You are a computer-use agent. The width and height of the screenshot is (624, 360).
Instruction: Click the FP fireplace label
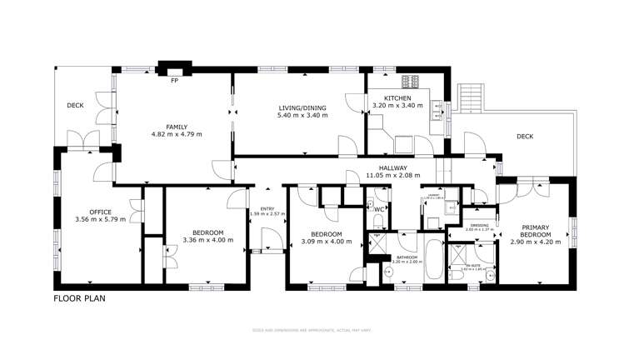point(174,82)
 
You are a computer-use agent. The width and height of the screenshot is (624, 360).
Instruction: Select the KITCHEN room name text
point(387,98)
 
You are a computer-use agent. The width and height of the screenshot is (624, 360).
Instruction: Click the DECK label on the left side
point(76,106)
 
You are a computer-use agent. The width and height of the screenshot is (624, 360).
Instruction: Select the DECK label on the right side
point(524,137)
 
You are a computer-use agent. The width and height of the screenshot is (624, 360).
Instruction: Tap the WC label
point(379,209)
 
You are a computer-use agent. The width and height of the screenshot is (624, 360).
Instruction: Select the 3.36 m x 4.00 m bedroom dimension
point(207,240)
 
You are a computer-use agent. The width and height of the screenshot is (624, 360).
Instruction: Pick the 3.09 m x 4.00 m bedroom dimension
point(326,240)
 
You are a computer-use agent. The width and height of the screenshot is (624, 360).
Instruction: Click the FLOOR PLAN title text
point(80,297)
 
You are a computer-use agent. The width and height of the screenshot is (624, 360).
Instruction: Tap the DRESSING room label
point(479,225)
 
